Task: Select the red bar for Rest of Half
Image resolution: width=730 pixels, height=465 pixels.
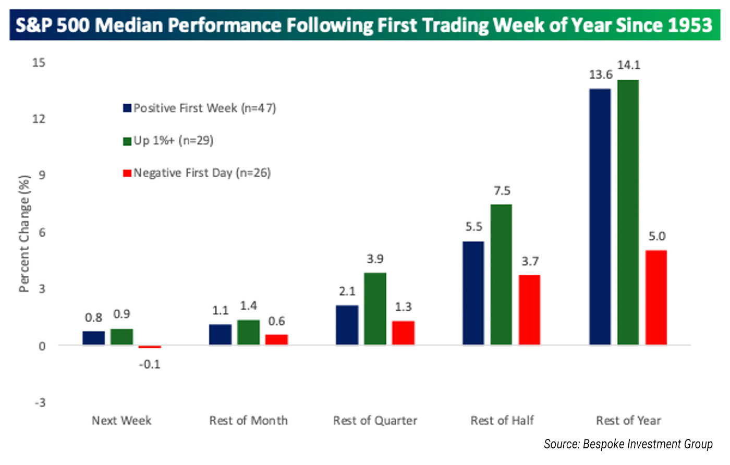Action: [x=530, y=310]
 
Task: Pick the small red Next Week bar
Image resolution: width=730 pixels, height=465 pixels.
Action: [x=150, y=347]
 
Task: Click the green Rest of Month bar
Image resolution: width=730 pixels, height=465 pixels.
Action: [x=248, y=332]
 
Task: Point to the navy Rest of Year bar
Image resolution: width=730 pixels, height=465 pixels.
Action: [x=600, y=217]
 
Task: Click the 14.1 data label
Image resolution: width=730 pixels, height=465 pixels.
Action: [x=628, y=65]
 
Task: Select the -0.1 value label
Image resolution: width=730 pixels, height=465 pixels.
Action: [x=150, y=364]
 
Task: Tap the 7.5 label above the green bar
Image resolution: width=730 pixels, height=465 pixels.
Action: [x=502, y=191]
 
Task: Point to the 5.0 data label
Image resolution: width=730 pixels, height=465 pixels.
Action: [x=656, y=236]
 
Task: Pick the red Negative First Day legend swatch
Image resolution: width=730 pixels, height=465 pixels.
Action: [x=127, y=173]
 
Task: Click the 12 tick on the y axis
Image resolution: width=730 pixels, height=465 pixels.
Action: [x=39, y=119]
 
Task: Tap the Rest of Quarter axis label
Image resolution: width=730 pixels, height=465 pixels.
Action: [x=375, y=421]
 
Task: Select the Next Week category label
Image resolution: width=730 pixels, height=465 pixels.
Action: [x=121, y=421]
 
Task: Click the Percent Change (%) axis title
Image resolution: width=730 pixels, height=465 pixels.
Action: [x=24, y=233]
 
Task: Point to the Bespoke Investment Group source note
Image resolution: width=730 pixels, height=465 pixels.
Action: [x=628, y=444]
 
